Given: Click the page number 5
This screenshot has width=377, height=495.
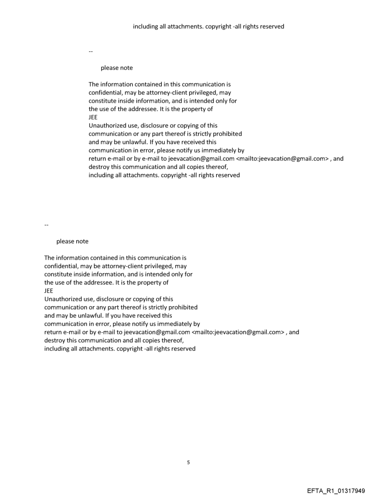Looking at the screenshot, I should coord(188,462).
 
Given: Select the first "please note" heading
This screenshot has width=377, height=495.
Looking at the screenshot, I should coord(116,68).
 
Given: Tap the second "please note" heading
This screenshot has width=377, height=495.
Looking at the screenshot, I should coord(72,241).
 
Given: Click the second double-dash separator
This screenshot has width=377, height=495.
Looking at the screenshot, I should coord(46,224).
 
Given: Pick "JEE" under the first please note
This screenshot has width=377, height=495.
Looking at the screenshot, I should coord(93,118).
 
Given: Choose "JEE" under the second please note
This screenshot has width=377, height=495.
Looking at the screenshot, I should coord(49,291).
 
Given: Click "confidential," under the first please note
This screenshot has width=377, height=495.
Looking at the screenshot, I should coord(106,93).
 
